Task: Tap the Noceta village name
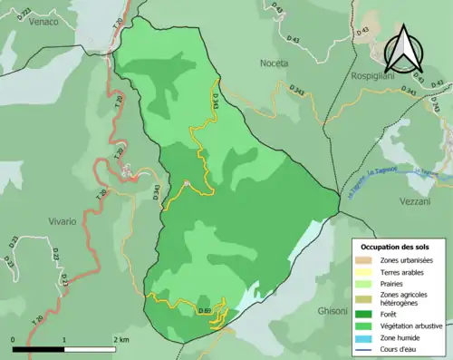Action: [x=273, y=63]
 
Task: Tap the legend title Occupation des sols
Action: [x=395, y=247]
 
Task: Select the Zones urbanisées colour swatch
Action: [x=365, y=260]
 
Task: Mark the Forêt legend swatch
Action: [x=365, y=314]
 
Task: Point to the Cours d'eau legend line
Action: [x=365, y=349]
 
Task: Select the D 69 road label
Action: [x=205, y=311]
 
